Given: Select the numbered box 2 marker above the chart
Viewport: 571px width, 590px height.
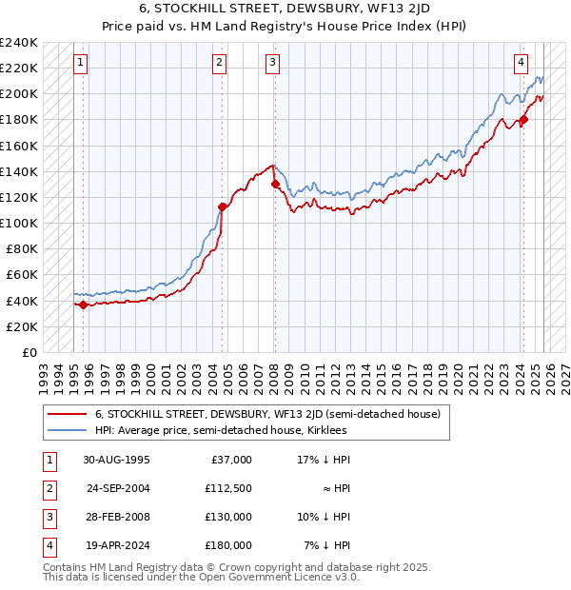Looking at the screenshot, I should pyautogui.click(x=219, y=64).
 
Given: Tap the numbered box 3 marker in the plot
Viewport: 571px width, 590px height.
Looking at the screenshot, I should pyautogui.click(x=272, y=64).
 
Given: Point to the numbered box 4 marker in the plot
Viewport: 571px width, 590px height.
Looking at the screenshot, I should pyautogui.click(x=522, y=64).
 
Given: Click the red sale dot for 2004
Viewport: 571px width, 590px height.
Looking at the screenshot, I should pyautogui.click(x=223, y=206).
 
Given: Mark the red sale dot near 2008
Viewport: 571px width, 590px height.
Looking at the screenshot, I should pyautogui.click(x=275, y=185).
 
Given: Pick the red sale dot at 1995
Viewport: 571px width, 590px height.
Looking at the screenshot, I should pyautogui.click(x=83, y=305).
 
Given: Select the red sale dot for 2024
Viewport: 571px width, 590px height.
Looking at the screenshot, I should pyautogui.click(x=523, y=120).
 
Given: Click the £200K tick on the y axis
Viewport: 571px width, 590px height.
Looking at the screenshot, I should pyautogui.click(x=19, y=94).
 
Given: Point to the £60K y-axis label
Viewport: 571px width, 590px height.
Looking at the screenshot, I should pyautogui.click(x=22, y=275).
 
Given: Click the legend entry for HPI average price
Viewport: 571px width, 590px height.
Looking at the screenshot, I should pyautogui.click(x=221, y=430).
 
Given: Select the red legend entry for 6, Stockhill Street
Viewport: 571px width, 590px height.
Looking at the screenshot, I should pyautogui.click(x=266, y=414).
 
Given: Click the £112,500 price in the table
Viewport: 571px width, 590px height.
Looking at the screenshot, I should pyautogui.click(x=228, y=488).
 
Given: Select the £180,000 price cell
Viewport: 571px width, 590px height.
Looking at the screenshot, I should pyautogui.click(x=228, y=545).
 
